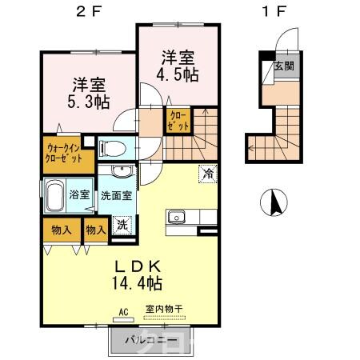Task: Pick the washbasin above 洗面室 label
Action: [x=120, y=174]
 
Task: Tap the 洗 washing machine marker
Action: [x=122, y=225]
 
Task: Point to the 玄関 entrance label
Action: [x=282, y=66]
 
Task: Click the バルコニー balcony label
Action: [x=150, y=341]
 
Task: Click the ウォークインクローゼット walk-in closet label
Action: [x=64, y=152]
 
